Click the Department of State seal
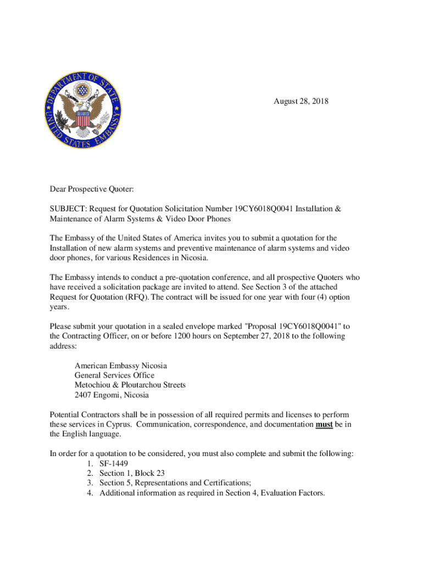pos(84,111)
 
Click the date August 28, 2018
pos(301,102)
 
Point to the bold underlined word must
pos(324,424)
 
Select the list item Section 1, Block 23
pos(132,473)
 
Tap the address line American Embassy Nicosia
pos(121,366)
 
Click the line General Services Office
pos(114,375)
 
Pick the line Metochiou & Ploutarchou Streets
pos(130,385)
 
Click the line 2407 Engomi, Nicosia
pos(112,395)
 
